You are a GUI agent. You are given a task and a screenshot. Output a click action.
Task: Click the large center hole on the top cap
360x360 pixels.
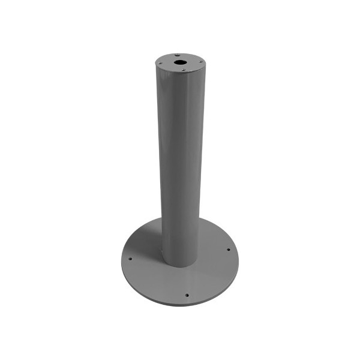[179, 61]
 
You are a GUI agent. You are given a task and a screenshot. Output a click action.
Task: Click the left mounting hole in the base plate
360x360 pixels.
[130, 259]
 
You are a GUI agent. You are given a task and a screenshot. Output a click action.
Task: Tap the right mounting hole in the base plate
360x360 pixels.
[229, 250]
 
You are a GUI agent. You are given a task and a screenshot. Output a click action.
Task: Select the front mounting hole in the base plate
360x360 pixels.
[187, 295]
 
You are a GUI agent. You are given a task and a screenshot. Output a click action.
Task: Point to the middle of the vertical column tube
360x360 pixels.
[180, 162]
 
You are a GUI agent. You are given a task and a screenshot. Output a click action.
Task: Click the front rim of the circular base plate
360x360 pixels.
[180, 305]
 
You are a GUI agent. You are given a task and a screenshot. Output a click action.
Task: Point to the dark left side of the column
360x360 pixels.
[162, 162]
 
